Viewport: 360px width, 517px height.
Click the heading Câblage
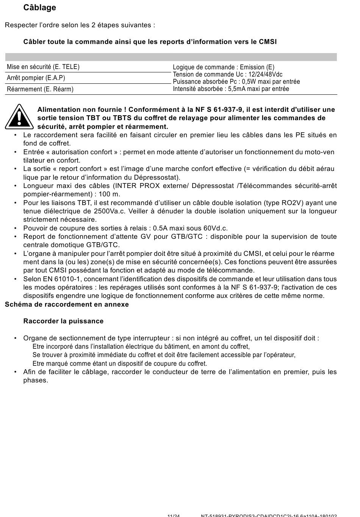[x=39, y=8]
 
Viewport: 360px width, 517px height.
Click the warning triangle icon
[x=19, y=116]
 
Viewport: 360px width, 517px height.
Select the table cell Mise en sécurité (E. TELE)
[x=43, y=67]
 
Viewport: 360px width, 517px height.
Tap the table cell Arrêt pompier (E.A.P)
[x=36, y=78]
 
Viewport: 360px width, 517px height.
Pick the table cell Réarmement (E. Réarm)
[x=40, y=89]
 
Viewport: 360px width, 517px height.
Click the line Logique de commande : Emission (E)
[x=224, y=67]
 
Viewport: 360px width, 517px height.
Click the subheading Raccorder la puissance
[x=63, y=321]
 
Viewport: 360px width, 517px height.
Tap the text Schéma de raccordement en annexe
[x=67, y=304]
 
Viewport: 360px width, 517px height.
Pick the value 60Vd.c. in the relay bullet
[x=214, y=228]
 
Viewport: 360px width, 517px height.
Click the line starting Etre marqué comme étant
[x=120, y=363]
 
